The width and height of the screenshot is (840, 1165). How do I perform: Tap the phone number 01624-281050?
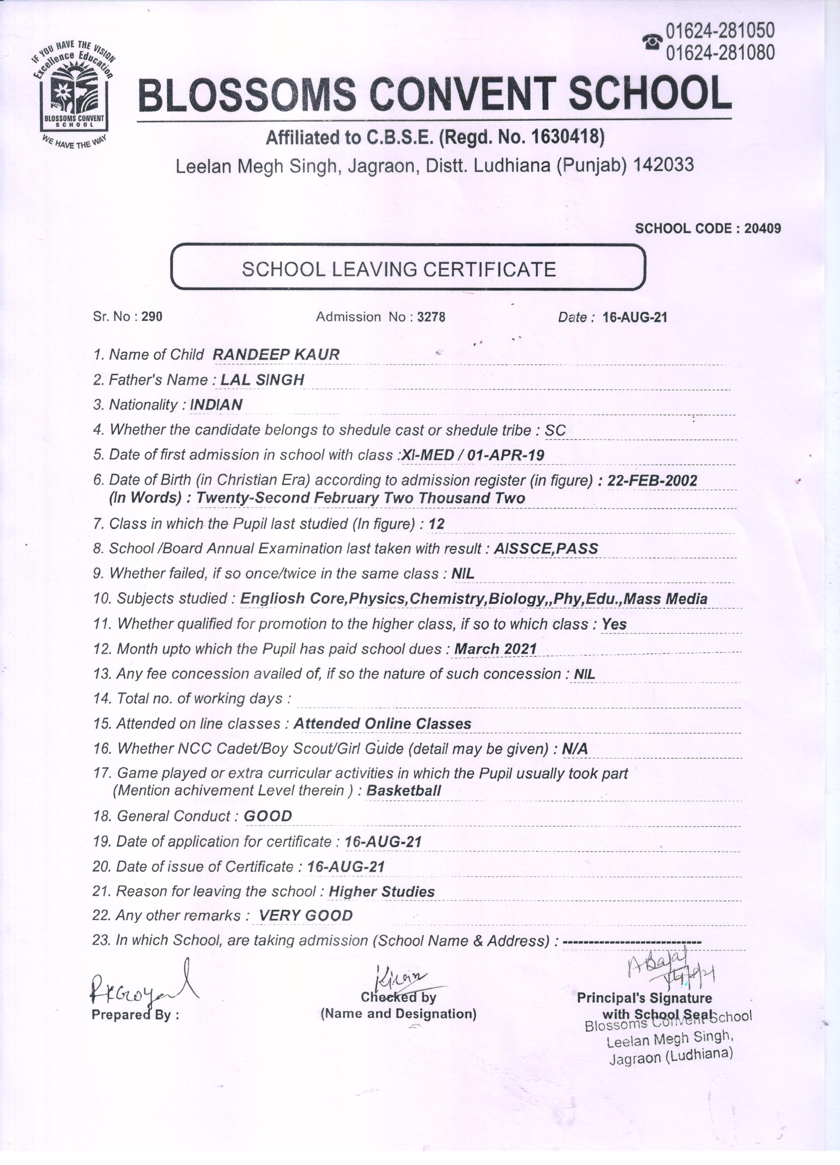pyautogui.click(x=720, y=31)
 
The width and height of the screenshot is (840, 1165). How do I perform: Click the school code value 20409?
pyautogui.click(x=763, y=229)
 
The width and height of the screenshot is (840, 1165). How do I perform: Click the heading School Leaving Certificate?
pyautogui.click(x=399, y=269)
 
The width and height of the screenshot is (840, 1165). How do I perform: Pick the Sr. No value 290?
pyautogui.click(x=152, y=317)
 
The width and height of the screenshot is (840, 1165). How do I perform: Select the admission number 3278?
pyautogui.click(x=431, y=317)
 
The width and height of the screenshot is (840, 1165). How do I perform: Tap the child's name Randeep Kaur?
pyautogui.click(x=276, y=354)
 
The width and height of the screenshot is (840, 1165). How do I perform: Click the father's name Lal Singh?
pyautogui.click(x=262, y=380)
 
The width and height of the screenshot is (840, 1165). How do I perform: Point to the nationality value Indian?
pyautogui.click(x=216, y=405)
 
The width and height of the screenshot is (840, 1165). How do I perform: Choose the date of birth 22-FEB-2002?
pyautogui.click(x=652, y=480)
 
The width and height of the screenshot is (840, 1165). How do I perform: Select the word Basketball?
pyautogui.click(x=403, y=791)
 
